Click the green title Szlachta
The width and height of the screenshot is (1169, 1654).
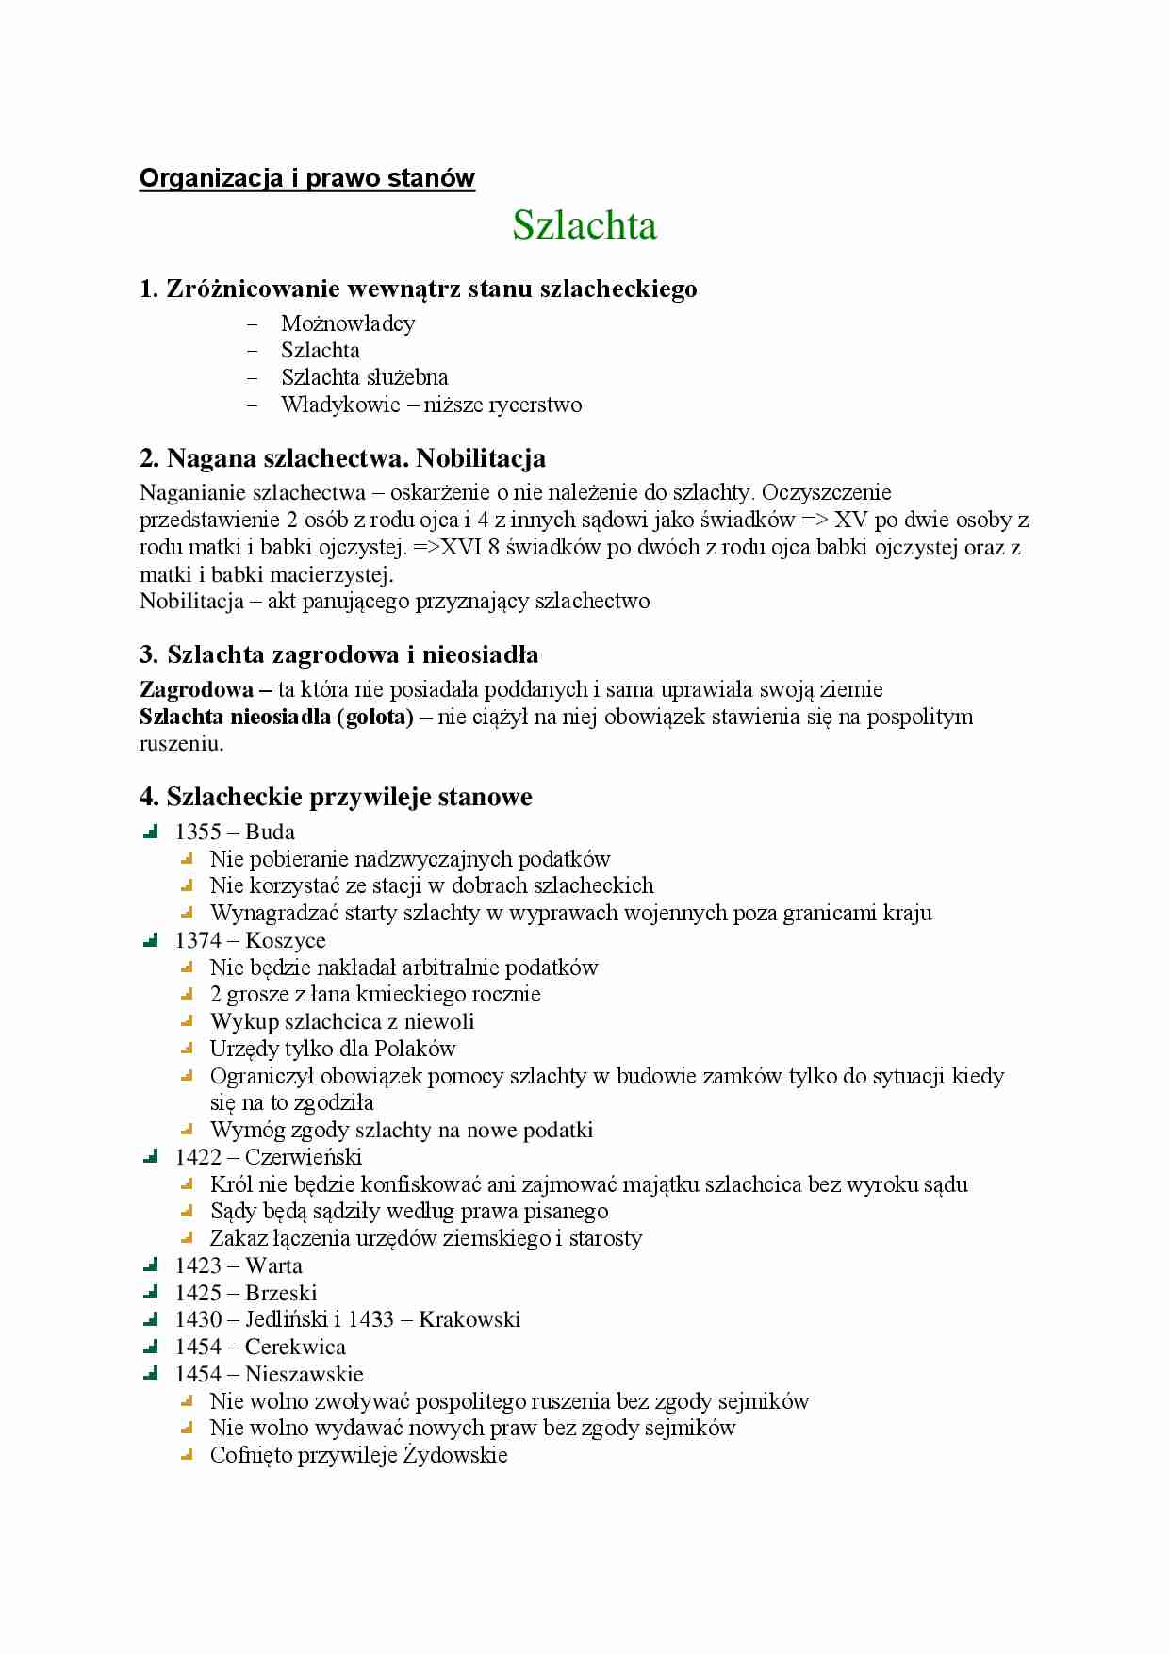pos(584,226)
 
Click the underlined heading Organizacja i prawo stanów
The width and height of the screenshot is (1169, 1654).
pos(306,178)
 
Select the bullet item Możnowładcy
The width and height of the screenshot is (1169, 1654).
pos(348,323)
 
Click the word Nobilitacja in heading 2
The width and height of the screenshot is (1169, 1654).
pos(481,459)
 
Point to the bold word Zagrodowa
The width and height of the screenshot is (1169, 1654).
pos(196,689)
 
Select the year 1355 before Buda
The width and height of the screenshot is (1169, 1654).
pos(198,833)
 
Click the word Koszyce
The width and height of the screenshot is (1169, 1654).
pos(286,941)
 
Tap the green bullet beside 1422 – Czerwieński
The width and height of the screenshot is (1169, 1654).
pos(151,1157)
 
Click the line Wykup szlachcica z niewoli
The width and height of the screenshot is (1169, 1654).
pos(341,1022)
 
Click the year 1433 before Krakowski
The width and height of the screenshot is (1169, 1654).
pos(370,1320)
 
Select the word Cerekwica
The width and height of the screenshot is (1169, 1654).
pos(295,1348)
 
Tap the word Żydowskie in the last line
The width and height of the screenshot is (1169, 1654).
pos(455,1456)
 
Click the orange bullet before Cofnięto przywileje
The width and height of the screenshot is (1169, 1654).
pos(187,1455)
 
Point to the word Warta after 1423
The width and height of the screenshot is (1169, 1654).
pos(273,1266)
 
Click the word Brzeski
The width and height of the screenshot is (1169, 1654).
pos(281,1294)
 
